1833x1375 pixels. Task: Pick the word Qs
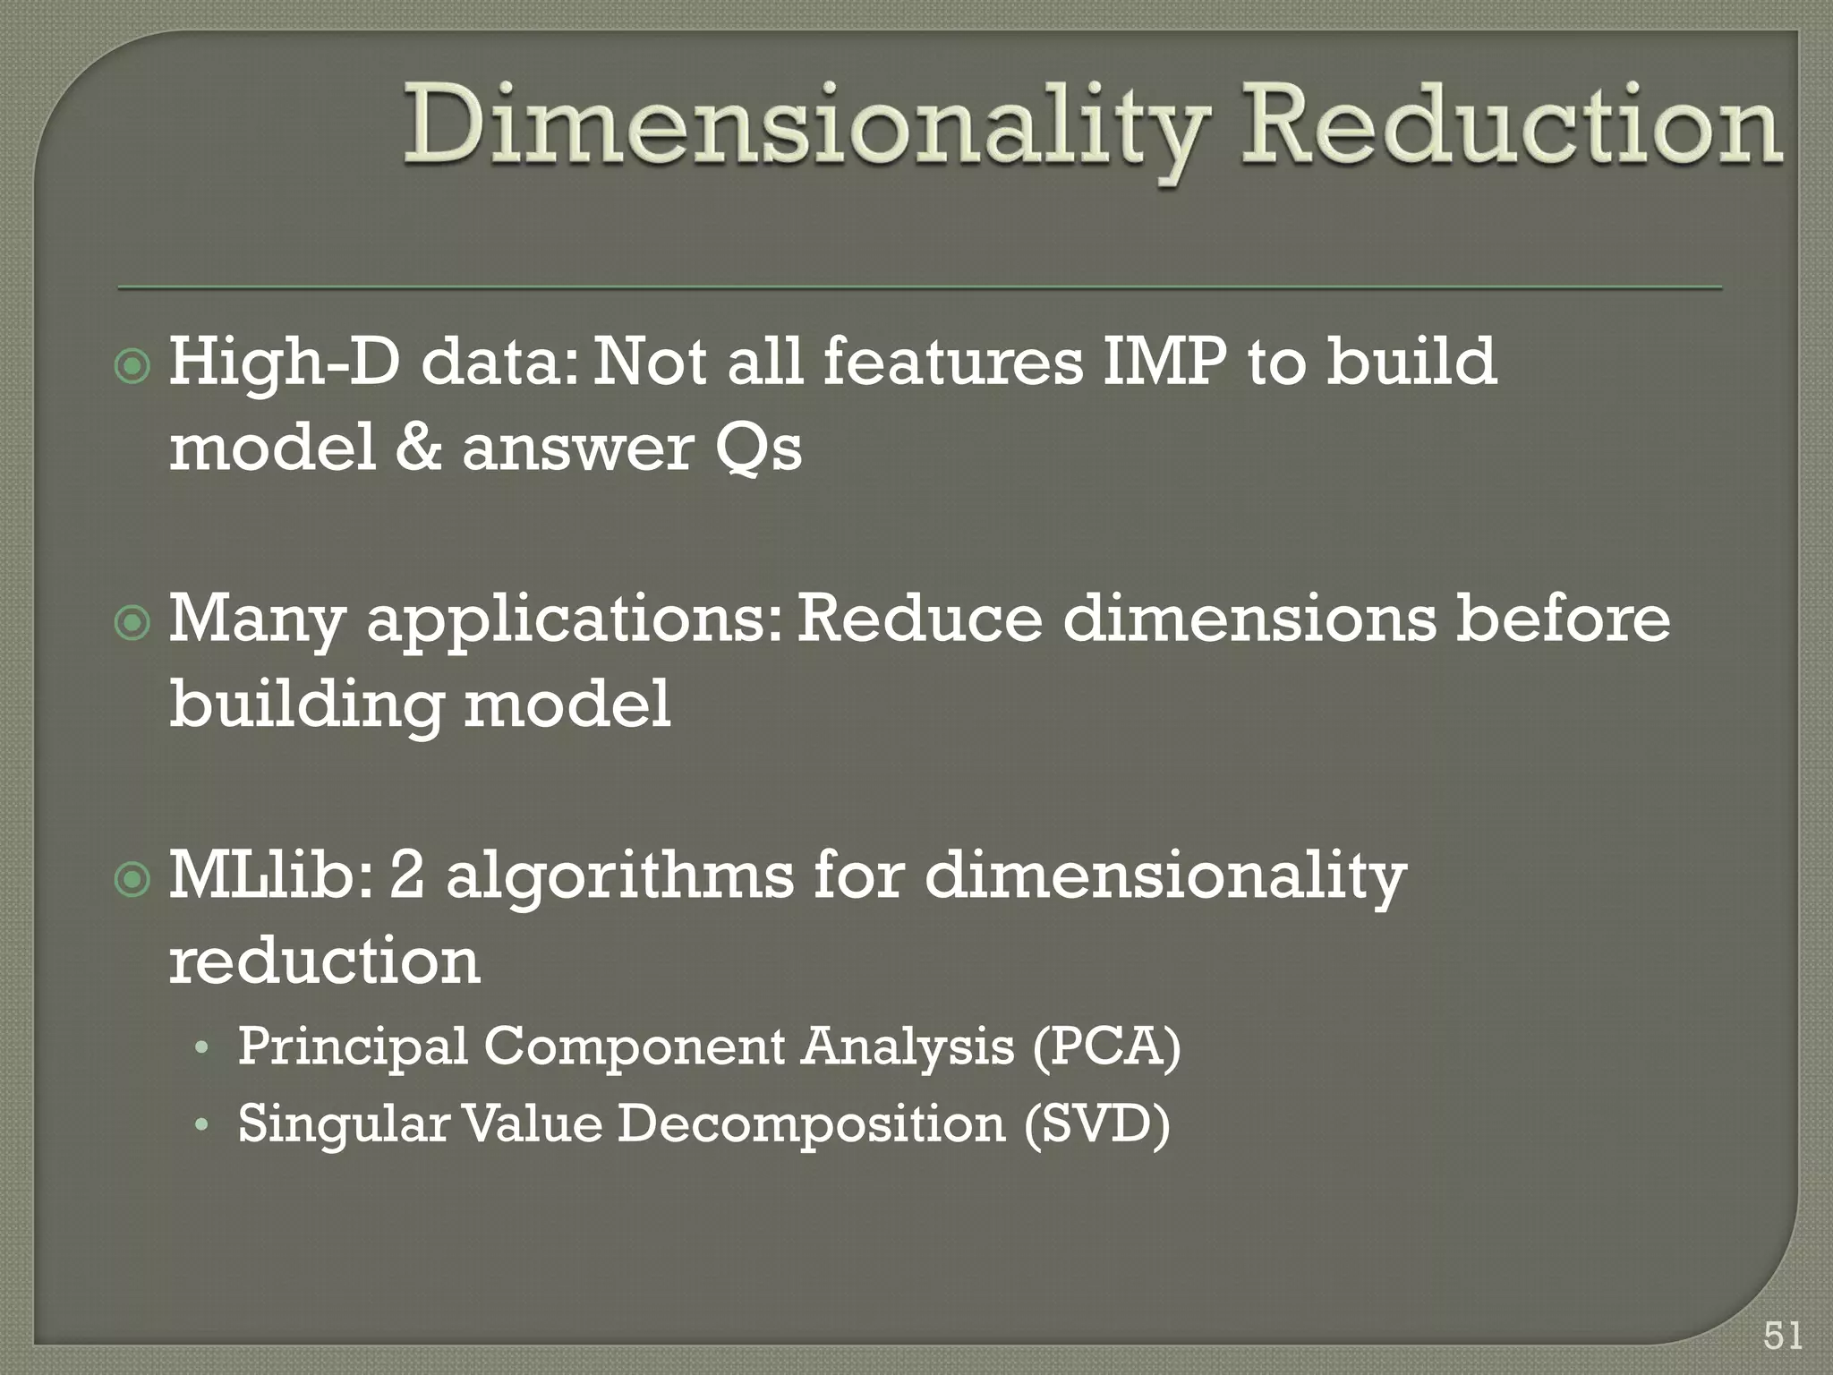tap(758, 448)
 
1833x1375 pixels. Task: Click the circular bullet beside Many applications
tap(133, 624)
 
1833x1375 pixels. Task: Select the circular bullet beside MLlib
tap(133, 881)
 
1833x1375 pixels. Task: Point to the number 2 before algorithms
tap(407, 875)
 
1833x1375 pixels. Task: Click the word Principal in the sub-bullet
tap(353, 1046)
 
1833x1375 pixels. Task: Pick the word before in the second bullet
tap(1563, 619)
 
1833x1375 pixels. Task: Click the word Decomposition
tap(811, 1124)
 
